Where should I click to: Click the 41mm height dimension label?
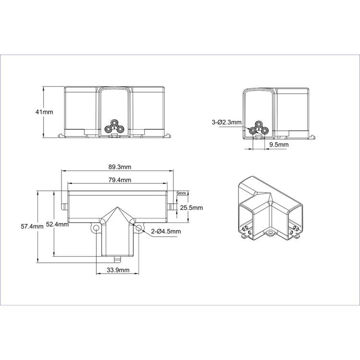[44, 112]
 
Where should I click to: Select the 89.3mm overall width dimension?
[120, 167]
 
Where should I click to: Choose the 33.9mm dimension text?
[118, 270]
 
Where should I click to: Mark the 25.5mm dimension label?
[192, 208]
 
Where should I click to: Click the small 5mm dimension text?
[180, 193]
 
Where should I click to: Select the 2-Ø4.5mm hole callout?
[166, 232]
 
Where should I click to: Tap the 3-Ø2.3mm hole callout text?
[226, 122]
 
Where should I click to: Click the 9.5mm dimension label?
[278, 144]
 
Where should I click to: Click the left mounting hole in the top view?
[97, 228]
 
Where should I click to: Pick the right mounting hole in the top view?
[139, 228]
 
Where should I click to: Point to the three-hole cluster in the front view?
[114, 126]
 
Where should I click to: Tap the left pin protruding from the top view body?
[64, 207]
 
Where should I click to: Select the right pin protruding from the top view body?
[172, 207]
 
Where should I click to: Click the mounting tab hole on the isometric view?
[269, 234]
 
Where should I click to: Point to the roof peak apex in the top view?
[118, 208]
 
